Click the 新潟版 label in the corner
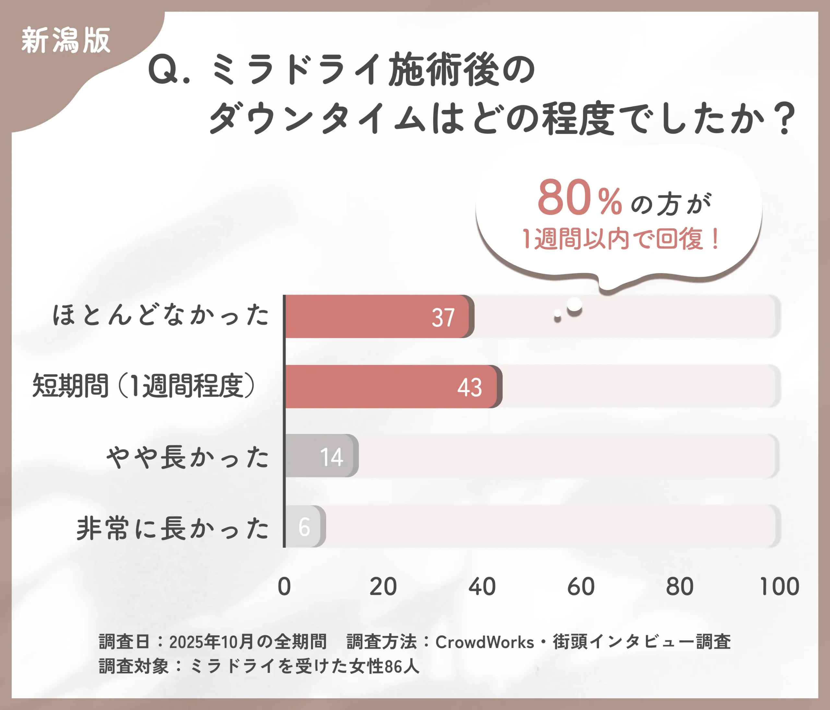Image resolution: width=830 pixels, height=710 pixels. (x=66, y=40)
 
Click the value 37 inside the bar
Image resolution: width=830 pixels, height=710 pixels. (x=443, y=318)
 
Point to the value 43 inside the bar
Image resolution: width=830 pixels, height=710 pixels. (x=469, y=388)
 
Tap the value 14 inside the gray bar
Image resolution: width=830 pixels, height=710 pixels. (x=331, y=457)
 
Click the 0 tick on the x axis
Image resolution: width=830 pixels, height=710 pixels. (x=284, y=587)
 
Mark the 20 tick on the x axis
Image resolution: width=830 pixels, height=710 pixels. (x=383, y=587)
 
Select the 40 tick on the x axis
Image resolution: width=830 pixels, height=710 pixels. (x=482, y=587)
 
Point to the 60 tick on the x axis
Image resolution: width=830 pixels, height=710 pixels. (x=581, y=587)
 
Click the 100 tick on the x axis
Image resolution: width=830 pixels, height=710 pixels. (x=779, y=587)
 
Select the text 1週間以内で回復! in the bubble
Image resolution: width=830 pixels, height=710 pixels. (x=621, y=239)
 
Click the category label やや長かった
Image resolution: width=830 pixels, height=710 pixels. (x=187, y=457)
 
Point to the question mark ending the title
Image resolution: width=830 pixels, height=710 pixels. (x=784, y=119)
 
